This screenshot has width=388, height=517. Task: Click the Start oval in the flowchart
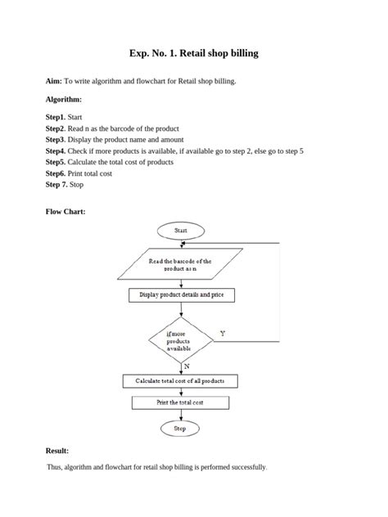point(180,231)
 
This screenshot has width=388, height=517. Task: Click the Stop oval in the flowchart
point(180,428)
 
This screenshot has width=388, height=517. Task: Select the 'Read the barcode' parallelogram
point(179,265)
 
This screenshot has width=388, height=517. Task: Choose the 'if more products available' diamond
point(179,340)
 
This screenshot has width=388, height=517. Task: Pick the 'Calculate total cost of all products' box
point(180,381)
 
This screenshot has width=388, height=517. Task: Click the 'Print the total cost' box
point(180,402)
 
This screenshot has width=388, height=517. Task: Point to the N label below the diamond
point(187,367)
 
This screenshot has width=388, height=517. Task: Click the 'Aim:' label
point(54,82)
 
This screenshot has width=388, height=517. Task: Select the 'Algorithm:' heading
point(64,99)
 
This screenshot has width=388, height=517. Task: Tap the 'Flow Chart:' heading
point(65,211)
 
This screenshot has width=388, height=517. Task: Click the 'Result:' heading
point(57,451)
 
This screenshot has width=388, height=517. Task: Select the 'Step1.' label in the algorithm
point(56,117)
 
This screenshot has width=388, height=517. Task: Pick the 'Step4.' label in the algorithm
point(56,151)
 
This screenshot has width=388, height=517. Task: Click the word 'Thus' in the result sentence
point(56,467)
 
